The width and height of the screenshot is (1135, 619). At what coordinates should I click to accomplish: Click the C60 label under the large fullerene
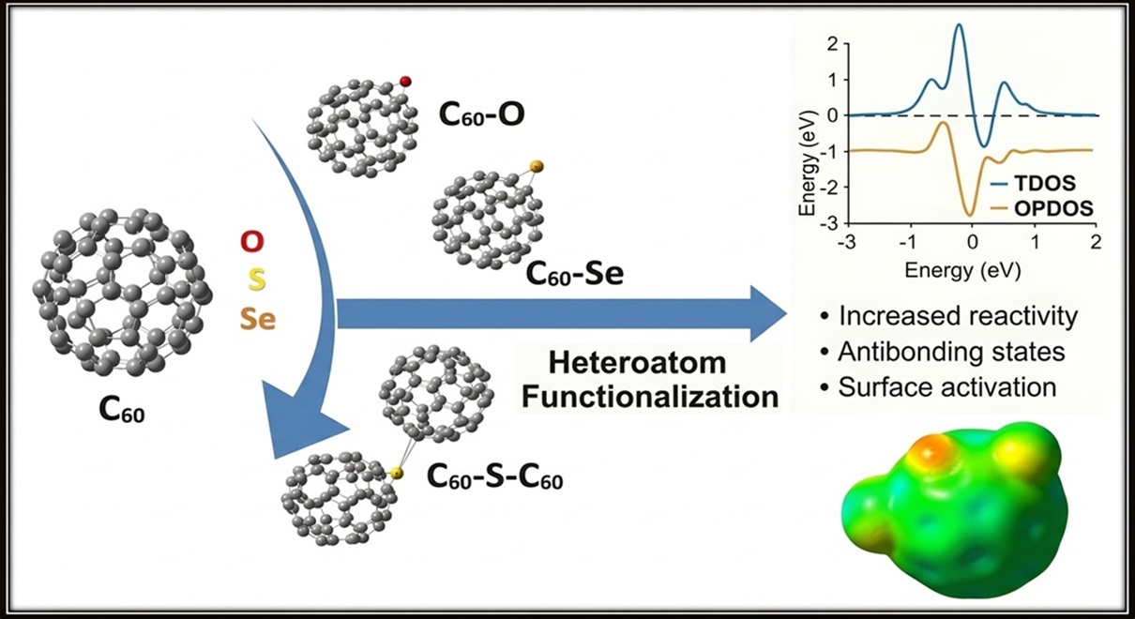point(122,411)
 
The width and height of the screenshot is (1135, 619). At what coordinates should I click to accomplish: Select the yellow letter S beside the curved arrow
point(254,279)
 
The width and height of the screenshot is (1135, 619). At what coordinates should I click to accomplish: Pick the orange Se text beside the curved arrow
point(256,318)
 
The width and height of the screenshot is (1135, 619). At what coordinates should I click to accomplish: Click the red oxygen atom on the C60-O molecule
point(405,83)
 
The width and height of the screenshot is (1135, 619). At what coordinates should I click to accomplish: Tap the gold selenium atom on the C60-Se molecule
point(537,167)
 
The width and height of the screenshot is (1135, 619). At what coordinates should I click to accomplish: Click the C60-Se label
point(574,274)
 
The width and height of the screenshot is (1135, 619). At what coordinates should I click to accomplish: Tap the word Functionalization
point(650,396)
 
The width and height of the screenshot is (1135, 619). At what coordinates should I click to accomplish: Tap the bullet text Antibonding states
point(949,352)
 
